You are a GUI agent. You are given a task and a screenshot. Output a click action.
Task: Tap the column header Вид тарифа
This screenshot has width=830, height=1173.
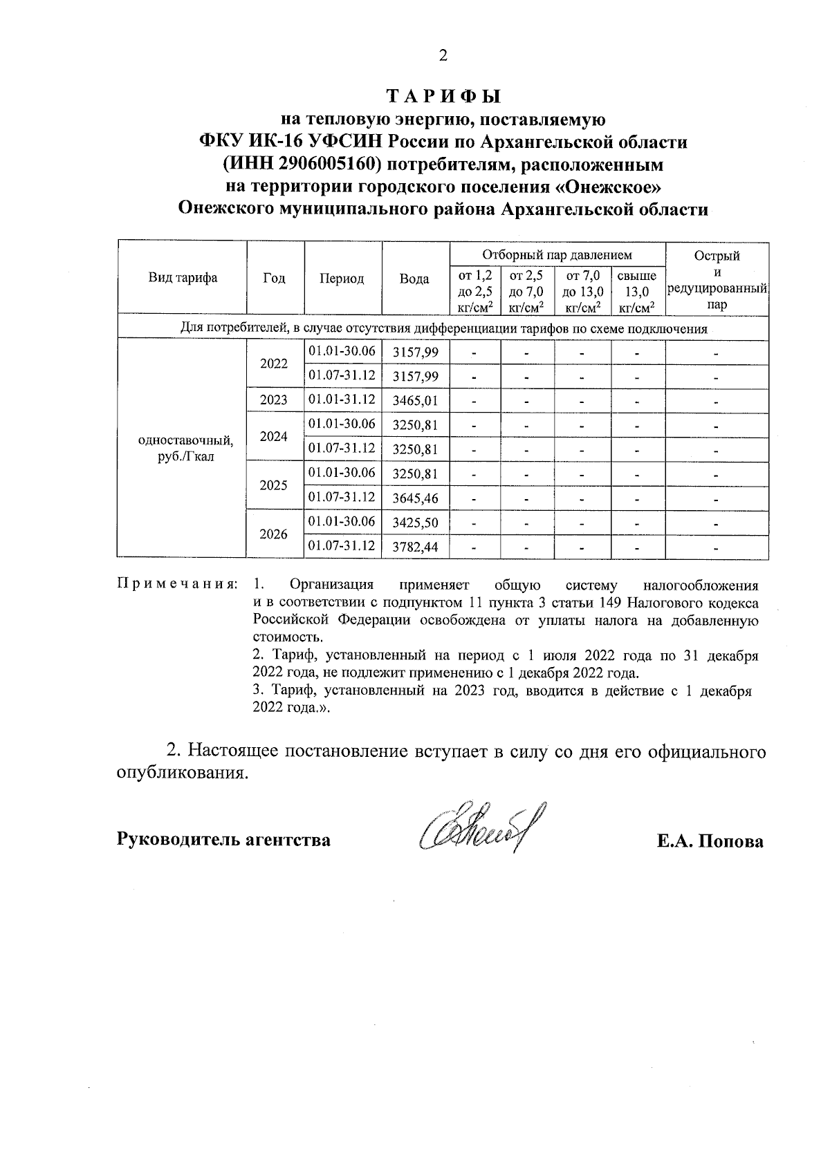[x=183, y=278]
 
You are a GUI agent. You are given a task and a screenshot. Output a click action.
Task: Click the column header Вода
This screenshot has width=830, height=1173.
[x=414, y=279]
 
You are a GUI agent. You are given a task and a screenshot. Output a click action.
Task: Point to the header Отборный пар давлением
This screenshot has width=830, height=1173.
[x=557, y=254]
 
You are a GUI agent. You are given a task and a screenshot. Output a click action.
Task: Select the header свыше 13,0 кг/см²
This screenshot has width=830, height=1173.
[x=636, y=291]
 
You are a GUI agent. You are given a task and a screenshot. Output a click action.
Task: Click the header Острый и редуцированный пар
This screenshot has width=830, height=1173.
[x=717, y=279]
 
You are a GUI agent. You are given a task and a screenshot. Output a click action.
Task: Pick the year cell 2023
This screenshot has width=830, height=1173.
[x=274, y=400]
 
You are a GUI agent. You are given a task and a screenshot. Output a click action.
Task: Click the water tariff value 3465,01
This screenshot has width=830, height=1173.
[x=415, y=400]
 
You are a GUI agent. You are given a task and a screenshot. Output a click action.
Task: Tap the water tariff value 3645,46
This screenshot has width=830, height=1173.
[x=415, y=498]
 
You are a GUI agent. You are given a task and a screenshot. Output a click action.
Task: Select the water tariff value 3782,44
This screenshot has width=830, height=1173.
[x=415, y=547]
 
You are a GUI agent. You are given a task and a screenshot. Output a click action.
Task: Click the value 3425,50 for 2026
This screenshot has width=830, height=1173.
[x=415, y=523]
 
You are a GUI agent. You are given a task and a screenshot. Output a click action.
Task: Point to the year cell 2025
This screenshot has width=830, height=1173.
[x=274, y=485]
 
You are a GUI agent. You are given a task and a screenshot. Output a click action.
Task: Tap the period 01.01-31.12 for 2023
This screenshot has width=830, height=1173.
[x=342, y=400]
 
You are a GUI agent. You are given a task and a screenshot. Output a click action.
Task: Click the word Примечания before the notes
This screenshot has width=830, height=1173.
[x=176, y=585]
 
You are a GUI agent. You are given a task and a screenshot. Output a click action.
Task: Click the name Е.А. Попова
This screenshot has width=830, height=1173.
[x=710, y=841]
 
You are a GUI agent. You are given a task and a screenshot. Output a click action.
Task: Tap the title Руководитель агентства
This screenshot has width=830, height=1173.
[x=224, y=840]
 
